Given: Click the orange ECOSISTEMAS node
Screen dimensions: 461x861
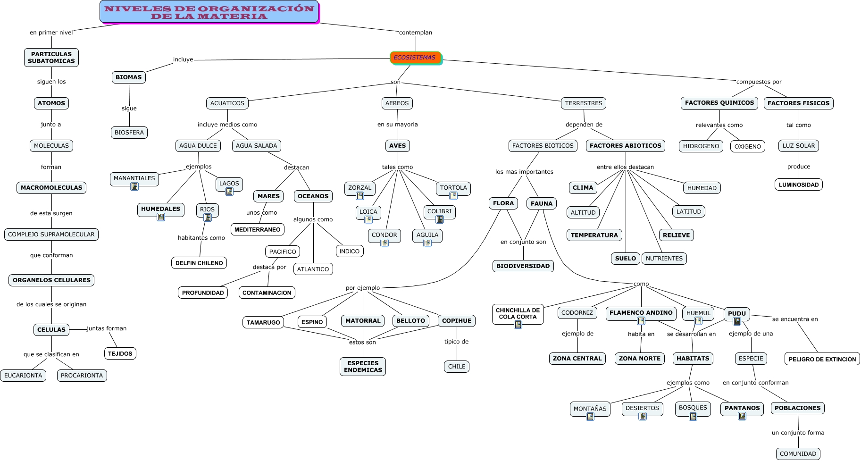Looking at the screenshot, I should click(415, 58).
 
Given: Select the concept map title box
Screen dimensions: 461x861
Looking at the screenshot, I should click(209, 12).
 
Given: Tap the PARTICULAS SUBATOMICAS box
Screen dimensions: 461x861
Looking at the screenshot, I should click(51, 58).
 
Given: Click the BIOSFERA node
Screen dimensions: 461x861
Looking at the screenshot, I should click(129, 133).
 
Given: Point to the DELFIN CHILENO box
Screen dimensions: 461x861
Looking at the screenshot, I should click(199, 263).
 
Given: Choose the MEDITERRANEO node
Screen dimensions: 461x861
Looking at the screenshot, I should click(258, 230).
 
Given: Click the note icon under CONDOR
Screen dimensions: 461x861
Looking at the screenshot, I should click(385, 243).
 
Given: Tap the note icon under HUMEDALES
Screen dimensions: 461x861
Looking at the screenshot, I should click(161, 217).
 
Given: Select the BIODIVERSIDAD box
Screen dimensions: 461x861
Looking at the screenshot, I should click(523, 266).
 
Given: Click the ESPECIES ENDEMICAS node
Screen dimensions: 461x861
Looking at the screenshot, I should click(363, 367).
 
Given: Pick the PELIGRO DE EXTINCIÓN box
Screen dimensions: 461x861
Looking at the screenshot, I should click(822, 359).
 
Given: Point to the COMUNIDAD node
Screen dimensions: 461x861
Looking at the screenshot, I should click(798, 454).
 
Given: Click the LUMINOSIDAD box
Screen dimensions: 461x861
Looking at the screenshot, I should click(798, 185).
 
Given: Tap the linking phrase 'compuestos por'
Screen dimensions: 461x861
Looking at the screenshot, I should click(759, 82).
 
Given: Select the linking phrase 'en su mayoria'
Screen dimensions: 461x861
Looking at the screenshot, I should click(397, 125).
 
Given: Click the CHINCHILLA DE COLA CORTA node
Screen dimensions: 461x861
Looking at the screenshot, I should click(518, 313).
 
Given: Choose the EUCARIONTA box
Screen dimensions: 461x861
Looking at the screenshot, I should click(23, 376).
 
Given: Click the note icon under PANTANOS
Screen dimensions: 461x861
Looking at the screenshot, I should click(742, 416).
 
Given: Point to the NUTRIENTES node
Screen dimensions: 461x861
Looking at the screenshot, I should click(664, 259).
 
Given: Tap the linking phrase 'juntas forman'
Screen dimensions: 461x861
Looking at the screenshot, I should click(107, 328).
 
